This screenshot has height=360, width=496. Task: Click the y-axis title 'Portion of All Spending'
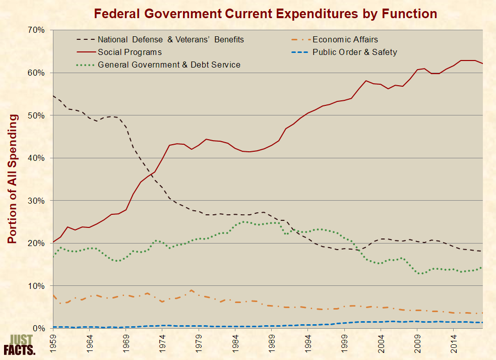pyautogui.click(x=13, y=179)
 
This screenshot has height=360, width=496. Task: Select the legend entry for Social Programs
pyautogui.click(x=130, y=52)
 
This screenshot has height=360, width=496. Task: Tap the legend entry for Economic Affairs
pyautogui.click(x=345, y=39)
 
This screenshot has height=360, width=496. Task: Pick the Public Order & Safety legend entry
pyautogui.click(x=354, y=52)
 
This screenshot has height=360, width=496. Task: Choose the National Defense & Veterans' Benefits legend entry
pyautogui.click(x=171, y=39)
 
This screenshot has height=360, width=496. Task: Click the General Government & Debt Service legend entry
pyautogui.click(x=169, y=65)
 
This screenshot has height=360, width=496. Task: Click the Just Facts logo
pyautogui.click(x=20, y=345)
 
